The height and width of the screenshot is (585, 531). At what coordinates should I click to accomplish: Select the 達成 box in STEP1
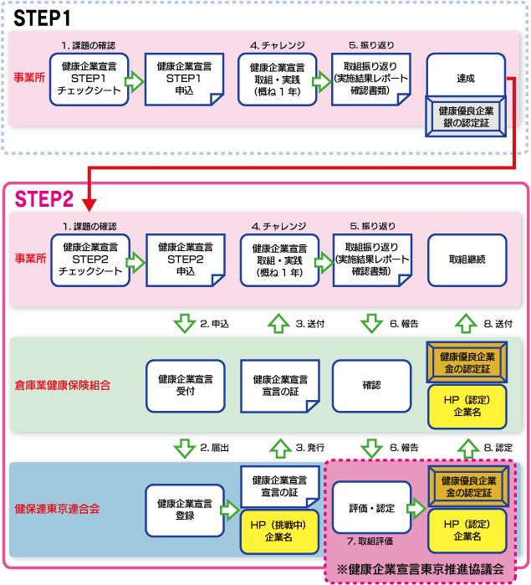point(466,78)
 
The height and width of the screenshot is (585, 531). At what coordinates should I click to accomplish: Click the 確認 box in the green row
point(371,385)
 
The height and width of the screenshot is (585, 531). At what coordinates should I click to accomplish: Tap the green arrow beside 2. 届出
point(185,448)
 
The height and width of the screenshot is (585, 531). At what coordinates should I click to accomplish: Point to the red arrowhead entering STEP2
point(90,202)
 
